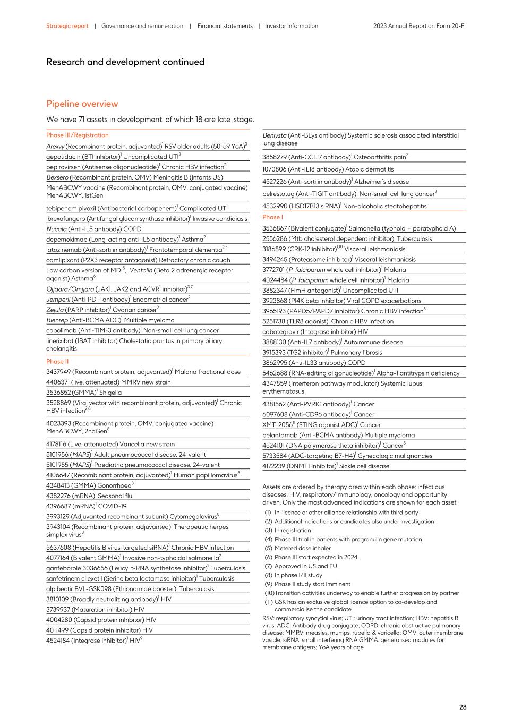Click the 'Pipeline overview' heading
(82, 104)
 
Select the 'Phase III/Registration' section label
(77, 135)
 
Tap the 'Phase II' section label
(57, 361)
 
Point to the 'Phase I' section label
(272, 217)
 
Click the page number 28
(463, 707)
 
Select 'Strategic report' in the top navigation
(67, 25)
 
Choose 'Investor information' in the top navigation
(292, 25)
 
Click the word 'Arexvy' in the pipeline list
(55, 146)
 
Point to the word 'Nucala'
(56, 229)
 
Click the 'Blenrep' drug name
(57, 320)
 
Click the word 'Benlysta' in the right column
(275, 135)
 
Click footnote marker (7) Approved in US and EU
(268, 566)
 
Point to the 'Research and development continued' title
(125, 62)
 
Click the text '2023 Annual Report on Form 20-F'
(418, 25)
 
